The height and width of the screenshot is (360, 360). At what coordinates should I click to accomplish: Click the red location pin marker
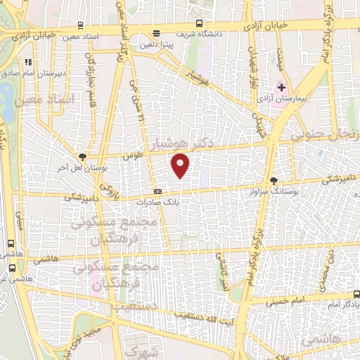pos(181,165)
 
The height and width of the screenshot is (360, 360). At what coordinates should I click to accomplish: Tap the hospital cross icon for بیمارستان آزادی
pos(282,88)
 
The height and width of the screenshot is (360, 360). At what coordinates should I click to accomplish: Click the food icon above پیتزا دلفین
pos(155,32)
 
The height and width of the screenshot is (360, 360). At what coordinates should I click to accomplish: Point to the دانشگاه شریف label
pos(204,33)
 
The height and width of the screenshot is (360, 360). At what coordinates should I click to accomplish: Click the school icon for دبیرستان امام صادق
pos(28,62)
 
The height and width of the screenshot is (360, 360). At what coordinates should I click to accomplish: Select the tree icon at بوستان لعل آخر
pos(83,157)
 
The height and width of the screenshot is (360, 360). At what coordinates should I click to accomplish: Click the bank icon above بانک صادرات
pos(158,191)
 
